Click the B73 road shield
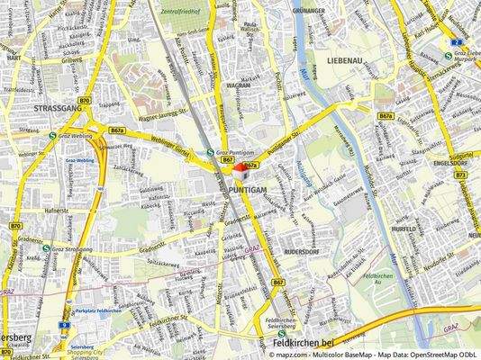460,175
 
